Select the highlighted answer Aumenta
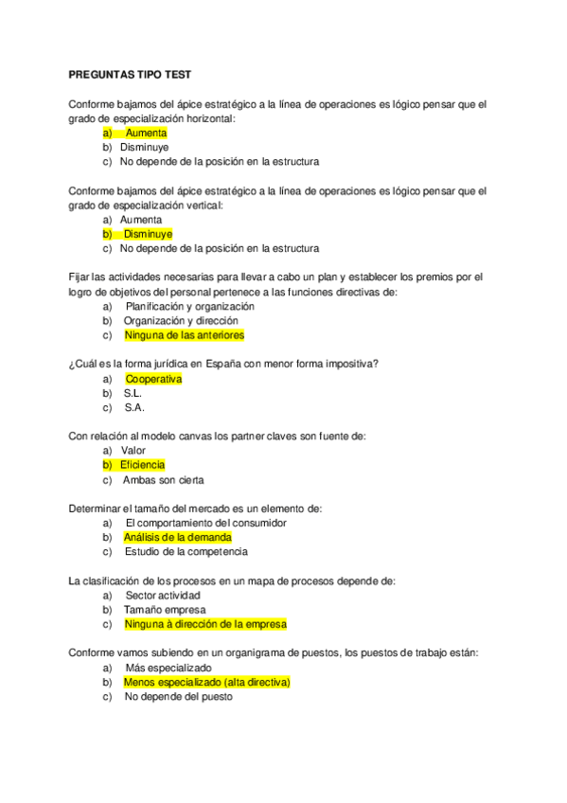coord(146,134)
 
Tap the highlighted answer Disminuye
coord(148,234)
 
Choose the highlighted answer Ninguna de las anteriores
coord(184,334)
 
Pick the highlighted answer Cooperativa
coord(152,379)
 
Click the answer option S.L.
coord(133,393)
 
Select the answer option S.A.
coord(133,407)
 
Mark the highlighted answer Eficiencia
coord(142,465)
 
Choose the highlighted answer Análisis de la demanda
coord(177,537)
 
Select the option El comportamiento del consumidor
coord(205,523)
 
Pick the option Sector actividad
coord(162,596)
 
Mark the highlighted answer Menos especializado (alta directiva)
coord(206,682)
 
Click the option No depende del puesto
coord(177,696)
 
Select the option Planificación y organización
coord(189,307)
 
